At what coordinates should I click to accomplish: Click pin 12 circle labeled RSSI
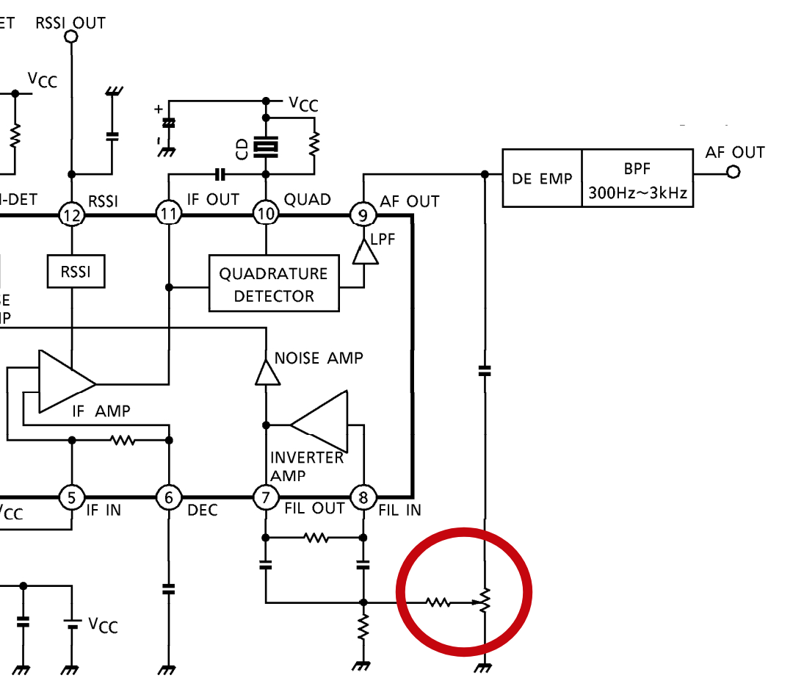click(71, 215)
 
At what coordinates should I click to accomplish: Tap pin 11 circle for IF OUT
click(169, 215)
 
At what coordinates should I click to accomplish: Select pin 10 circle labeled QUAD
click(266, 215)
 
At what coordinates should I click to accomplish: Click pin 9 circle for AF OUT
click(363, 215)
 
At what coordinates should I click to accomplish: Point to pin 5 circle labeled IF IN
click(71, 498)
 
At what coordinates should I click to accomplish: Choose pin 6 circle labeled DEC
click(169, 498)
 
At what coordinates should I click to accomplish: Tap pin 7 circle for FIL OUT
click(266, 498)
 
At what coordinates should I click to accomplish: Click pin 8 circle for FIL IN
click(363, 498)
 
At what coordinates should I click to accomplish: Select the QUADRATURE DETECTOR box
click(274, 284)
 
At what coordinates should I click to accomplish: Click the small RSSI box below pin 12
click(76, 271)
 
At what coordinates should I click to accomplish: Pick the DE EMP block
click(542, 179)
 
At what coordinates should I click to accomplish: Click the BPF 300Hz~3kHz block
click(637, 179)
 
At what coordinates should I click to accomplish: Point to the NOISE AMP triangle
click(267, 372)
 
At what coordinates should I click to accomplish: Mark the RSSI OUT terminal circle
click(71, 35)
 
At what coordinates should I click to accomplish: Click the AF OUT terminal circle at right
click(732, 173)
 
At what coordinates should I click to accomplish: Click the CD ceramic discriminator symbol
click(266, 148)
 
